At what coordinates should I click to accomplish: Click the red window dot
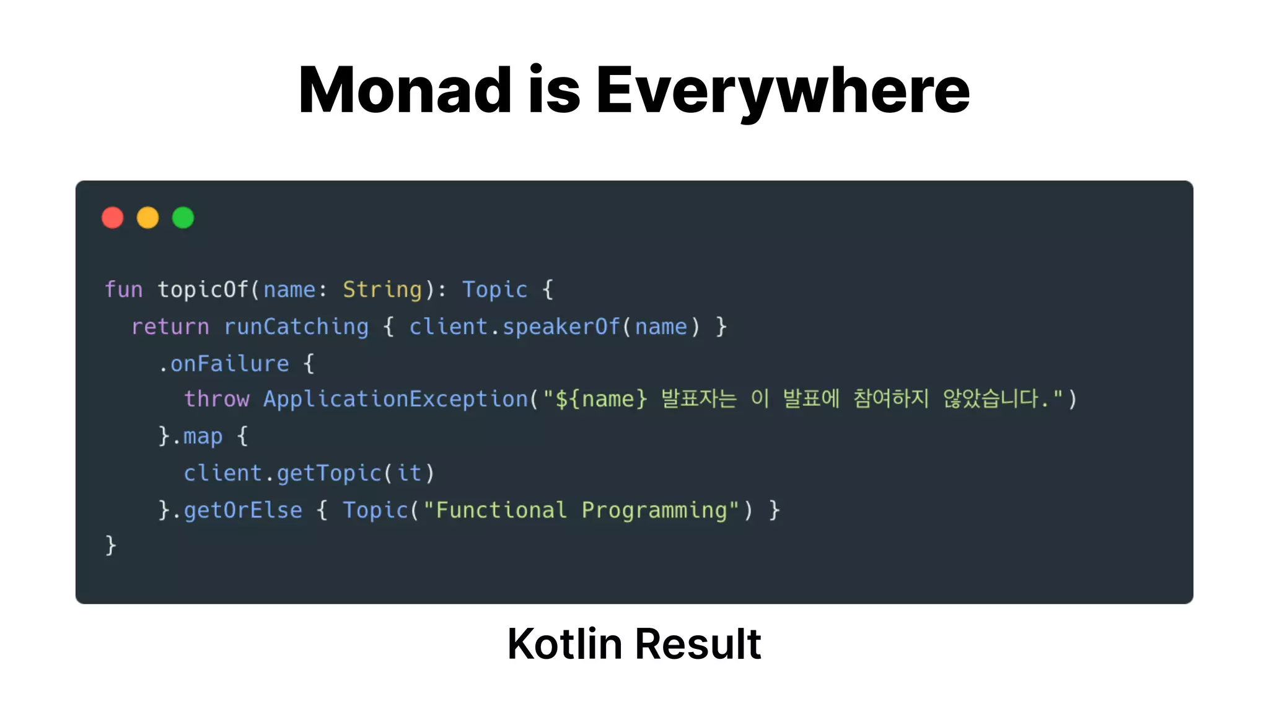[113, 218]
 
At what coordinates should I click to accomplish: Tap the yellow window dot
[148, 218]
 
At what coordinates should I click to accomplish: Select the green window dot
[183, 218]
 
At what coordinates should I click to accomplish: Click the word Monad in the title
[405, 90]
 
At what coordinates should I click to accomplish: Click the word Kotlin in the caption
[564, 644]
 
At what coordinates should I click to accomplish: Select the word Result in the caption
[698, 644]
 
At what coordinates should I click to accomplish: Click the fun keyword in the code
[123, 289]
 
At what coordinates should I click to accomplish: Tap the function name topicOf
[203, 289]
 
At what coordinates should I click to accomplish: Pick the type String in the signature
[382, 289]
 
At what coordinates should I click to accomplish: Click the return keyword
[170, 327]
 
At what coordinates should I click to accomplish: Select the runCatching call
[296, 327]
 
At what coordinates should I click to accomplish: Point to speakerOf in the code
[561, 327]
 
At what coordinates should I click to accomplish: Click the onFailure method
[230, 363]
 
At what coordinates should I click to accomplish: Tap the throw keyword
[216, 399]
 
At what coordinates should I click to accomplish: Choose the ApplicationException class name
[395, 399]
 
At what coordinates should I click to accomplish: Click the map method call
[203, 436]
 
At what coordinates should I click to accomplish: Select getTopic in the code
[329, 474]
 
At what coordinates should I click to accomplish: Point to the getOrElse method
[243, 510]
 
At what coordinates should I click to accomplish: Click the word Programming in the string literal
[654, 510]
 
